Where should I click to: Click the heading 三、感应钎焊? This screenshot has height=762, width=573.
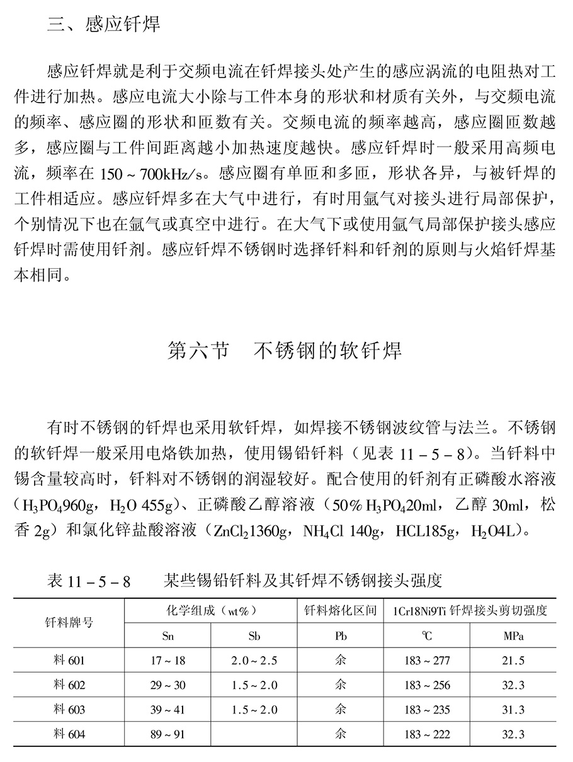(104, 25)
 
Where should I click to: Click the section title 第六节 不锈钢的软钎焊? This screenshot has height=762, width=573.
(285, 350)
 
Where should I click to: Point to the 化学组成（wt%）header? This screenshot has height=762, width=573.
(210, 610)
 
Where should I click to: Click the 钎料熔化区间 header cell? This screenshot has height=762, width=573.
(341, 610)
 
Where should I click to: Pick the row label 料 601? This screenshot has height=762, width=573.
(69, 661)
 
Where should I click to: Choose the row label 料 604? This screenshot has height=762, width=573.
(69, 734)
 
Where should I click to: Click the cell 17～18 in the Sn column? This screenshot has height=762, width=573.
(168, 661)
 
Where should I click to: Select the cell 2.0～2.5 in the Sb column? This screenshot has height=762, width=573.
(254, 661)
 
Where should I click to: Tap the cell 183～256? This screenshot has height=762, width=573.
(427, 685)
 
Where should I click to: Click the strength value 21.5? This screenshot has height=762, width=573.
(513, 661)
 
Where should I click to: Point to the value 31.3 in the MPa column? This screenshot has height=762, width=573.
(513, 710)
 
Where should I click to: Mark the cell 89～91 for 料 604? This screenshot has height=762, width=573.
(168, 734)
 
